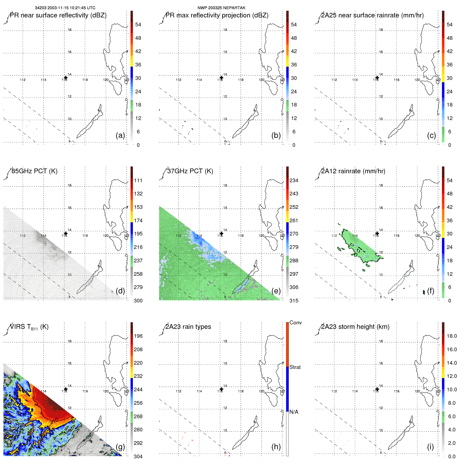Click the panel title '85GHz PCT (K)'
click(x=35, y=171)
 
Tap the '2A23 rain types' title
click(x=188, y=327)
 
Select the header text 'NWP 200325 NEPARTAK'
click(x=222, y=8)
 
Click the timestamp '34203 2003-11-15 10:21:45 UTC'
click(x=65, y=8)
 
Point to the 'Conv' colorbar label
click(x=295, y=322)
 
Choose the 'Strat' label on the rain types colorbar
click(x=295, y=367)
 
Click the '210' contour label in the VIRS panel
click(x=54, y=421)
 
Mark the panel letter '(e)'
click(x=276, y=291)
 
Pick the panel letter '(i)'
click(x=430, y=447)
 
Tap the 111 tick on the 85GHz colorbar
click(x=138, y=180)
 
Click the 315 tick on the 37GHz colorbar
click(x=294, y=301)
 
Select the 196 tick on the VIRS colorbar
click(x=138, y=336)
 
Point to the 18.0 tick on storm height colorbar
click(x=452, y=336)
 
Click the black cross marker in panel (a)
click(x=66, y=78)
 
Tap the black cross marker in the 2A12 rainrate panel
click(x=377, y=233)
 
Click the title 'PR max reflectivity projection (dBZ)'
click(x=217, y=15)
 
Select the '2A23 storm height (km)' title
click(x=355, y=327)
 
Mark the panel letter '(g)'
click(x=120, y=447)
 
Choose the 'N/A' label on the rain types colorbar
click(x=294, y=412)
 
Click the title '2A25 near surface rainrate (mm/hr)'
click(x=372, y=15)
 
